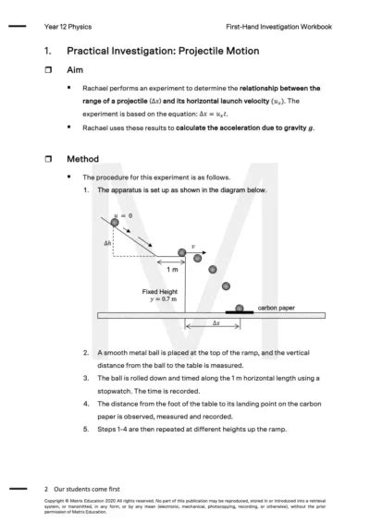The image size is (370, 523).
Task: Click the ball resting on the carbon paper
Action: [x=240, y=308]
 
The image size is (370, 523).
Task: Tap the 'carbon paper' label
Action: [x=276, y=307]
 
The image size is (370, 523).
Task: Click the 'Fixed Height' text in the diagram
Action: [x=159, y=291]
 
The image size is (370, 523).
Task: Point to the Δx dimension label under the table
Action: [x=216, y=324]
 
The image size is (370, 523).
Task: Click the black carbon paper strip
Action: [x=240, y=312]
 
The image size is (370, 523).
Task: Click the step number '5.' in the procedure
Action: [x=86, y=430]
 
